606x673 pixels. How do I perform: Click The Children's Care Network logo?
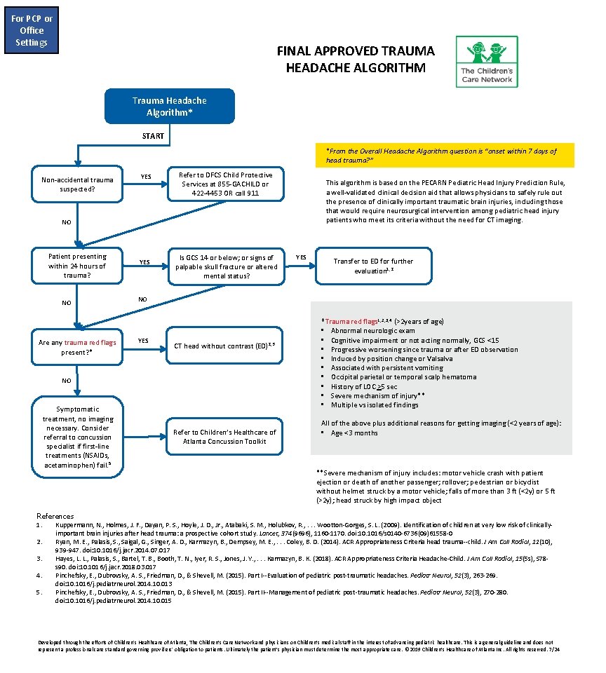click(x=487, y=62)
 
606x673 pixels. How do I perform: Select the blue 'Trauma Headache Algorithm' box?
click(x=169, y=107)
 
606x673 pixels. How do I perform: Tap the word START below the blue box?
click(x=152, y=136)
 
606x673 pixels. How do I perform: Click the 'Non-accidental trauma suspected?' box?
click(x=77, y=184)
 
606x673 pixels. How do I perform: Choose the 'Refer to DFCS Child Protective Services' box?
click(x=226, y=184)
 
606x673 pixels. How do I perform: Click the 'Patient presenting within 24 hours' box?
click(x=77, y=266)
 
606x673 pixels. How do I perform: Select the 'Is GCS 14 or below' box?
click(x=226, y=267)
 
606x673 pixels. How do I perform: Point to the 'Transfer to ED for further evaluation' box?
click(x=373, y=266)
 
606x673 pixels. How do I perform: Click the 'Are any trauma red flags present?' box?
click(x=77, y=347)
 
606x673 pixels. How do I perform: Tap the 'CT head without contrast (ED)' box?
click(x=226, y=346)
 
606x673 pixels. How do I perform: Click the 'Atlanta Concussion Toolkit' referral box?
click(x=226, y=437)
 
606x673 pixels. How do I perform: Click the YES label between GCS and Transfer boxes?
click(x=301, y=257)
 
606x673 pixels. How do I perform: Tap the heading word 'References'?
click(x=55, y=516)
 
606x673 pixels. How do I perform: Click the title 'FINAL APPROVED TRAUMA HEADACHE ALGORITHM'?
click(x=356, y=60)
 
